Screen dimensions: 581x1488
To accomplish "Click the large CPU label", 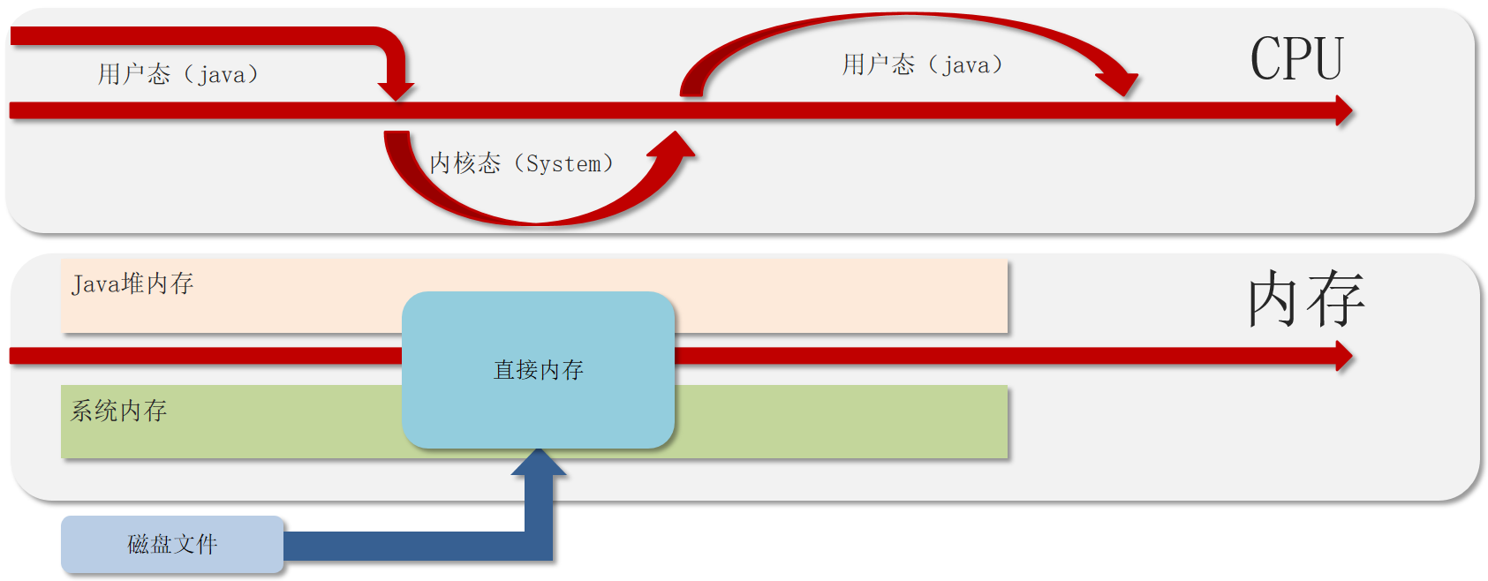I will (x=1296, y=59).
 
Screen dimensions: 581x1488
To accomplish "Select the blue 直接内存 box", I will (x=538, y=370).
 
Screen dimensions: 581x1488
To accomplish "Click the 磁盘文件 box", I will (x=172, y=544).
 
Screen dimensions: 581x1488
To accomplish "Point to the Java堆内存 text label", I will (x=132, y=283).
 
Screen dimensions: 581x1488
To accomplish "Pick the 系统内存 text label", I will (x=119, y=411).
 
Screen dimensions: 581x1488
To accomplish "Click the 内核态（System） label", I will (x=521, y=163).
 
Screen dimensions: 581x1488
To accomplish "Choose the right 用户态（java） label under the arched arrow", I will (x=922, y=64).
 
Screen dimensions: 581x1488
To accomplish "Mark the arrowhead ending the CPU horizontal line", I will (x=1343, y=111).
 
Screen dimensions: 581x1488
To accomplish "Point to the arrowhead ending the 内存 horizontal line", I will (x=1343, y=357).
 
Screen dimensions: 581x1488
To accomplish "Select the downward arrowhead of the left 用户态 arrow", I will (x=396, y=90).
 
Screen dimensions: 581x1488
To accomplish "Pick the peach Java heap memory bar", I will (x=795, y=296).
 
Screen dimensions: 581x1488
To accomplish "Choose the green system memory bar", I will (x=839, y=421).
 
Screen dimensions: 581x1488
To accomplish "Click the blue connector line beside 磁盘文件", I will (x=406, y=546).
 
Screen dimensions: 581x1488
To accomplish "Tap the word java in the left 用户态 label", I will (x=222, y=75).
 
